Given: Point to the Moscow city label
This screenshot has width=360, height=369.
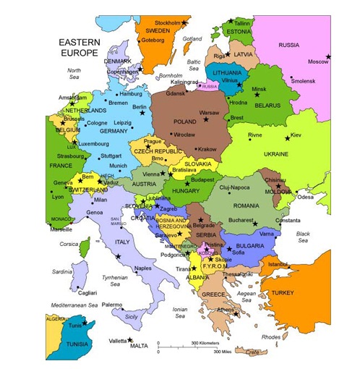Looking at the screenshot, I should (319, 62).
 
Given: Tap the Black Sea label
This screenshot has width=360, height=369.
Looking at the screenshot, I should (302, 237).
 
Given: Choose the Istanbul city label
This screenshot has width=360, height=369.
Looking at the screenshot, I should (278, 264).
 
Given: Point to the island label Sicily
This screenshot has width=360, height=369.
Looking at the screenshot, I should (131, 316).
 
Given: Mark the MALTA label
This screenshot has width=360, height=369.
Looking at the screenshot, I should (139, 346).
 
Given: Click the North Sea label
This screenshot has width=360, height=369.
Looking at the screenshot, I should (74, 74).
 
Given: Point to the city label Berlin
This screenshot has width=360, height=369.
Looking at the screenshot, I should (140, 107).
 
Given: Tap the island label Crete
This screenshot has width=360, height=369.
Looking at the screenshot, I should (252, 352).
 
